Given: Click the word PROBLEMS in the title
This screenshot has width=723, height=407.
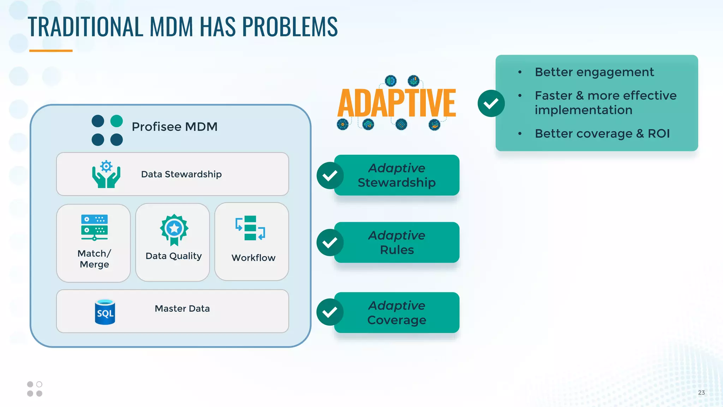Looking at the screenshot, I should (289, 27).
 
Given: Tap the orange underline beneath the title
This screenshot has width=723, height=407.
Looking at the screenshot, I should (51, 51).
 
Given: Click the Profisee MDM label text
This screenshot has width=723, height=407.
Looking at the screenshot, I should (174, 127).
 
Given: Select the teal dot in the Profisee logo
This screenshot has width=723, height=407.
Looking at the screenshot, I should (116, 121).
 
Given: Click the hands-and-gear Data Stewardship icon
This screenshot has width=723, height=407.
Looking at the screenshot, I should (106, 174).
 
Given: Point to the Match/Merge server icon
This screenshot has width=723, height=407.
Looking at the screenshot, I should (94, 228).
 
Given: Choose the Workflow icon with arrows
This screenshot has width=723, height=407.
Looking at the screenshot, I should (250, 228).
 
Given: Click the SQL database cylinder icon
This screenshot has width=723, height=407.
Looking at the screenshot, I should (105, 312).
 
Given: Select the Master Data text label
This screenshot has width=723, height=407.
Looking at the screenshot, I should (182, 309).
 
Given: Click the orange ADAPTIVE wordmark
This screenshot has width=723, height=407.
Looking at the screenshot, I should (396, 103).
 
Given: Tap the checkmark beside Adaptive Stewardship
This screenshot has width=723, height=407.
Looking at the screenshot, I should (330, 176).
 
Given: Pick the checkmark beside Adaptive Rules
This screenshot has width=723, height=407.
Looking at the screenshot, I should (330, 242).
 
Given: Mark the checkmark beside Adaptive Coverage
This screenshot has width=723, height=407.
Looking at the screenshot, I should (330, 312).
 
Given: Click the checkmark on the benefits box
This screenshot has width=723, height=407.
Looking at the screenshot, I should (491, 104).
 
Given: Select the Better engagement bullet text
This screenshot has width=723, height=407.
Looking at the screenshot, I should (594, 72).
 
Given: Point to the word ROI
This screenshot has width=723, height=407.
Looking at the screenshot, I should (658, 134).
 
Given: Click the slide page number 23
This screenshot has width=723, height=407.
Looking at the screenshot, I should (701, 393).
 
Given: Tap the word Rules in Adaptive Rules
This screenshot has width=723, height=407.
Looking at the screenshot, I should (397, 250).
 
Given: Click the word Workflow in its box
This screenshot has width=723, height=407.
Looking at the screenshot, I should (253, 258).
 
